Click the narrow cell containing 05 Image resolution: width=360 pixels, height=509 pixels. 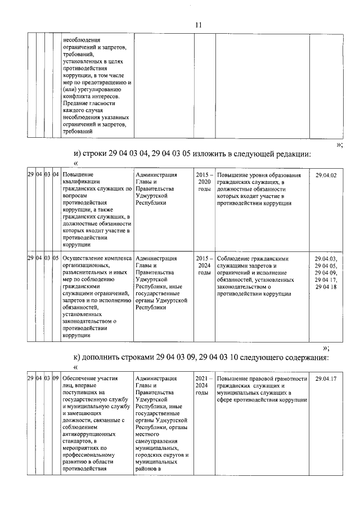coord(56,258)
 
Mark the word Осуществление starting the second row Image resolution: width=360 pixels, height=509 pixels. coord(84,258)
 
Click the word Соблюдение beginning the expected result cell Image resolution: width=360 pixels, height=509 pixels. coord(236,258)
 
